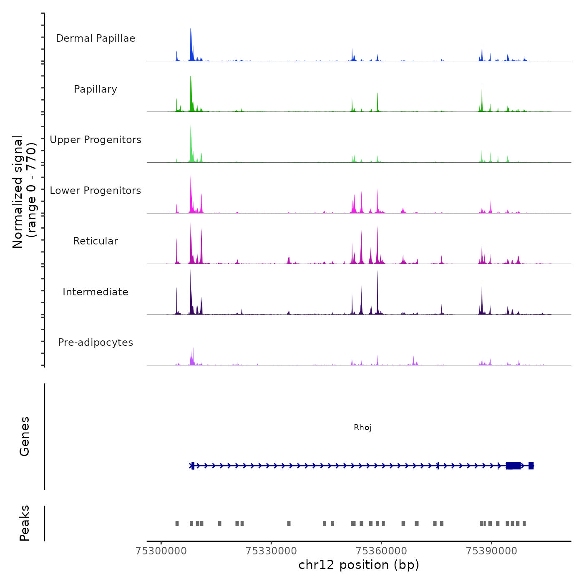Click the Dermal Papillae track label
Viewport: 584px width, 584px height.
(96, 38)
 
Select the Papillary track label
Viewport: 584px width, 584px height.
(96, 89)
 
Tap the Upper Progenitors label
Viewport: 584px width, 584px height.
(96, 140)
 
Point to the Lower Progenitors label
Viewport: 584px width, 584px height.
(96, 191)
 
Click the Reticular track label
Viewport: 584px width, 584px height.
(96, 241)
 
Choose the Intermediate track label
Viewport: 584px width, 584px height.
(96, 292)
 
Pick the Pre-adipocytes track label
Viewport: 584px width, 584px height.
(96, 342)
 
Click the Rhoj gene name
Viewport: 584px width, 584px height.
(362, 427)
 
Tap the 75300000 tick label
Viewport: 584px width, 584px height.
(161, 551)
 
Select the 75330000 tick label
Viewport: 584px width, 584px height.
(271, 551)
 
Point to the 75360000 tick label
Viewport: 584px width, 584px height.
(381, 551)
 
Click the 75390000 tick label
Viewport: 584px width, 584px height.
(491, 551)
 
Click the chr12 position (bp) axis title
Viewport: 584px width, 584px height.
(359, 565)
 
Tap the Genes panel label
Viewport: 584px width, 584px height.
(24, 436)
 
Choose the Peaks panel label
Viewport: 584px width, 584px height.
(24, 523)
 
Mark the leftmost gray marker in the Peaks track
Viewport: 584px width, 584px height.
(177, 524)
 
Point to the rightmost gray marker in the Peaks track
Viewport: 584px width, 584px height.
(524, 524)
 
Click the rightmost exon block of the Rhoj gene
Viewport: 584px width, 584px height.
(531, 466)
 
